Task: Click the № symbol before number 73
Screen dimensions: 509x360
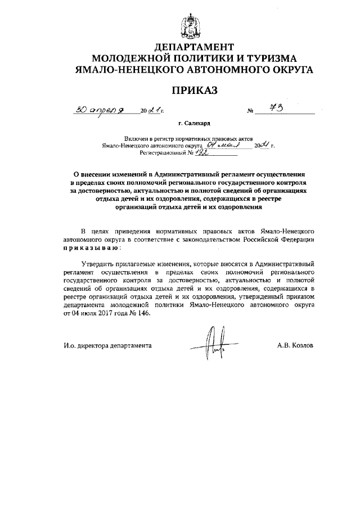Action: tap(250, 112)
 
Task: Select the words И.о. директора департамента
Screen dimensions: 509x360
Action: tap(107, 345)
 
